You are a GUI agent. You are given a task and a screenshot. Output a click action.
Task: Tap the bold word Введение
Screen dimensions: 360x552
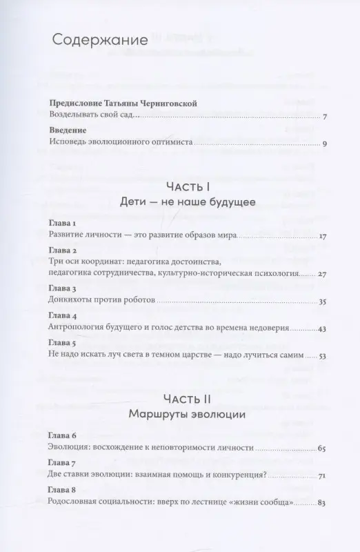click(x=68, y=130)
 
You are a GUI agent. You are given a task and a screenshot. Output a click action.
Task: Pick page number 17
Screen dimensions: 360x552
click(x=321, y=237)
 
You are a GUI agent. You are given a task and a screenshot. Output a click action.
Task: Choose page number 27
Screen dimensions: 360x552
click(x=321, y=274)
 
